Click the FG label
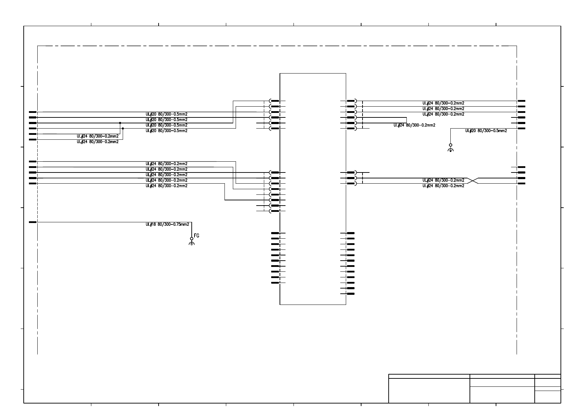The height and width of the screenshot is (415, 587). point(197,236)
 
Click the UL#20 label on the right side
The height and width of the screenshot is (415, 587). point(486,131)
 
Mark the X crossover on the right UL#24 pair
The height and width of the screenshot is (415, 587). point(473,180)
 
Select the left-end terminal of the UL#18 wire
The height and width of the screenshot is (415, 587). point(33,222)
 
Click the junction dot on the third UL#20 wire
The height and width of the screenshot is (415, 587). point(120,123)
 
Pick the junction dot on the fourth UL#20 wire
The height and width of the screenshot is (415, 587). point(123,129)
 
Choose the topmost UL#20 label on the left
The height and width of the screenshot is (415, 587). point(166,114)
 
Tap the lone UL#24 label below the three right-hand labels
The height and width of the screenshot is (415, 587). point(414,125)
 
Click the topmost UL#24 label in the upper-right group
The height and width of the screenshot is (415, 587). point(443,103)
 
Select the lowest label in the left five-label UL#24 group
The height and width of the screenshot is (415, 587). point(166,186)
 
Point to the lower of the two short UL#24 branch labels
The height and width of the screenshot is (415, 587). point(98,142)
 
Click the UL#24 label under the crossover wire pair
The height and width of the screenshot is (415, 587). point(443,186)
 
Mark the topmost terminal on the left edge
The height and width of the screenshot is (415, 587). point(33,112)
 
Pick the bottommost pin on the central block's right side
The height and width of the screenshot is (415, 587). point(351,294)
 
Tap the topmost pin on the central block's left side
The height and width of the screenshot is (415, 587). point(275,101)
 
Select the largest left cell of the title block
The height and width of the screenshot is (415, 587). point(429,391)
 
